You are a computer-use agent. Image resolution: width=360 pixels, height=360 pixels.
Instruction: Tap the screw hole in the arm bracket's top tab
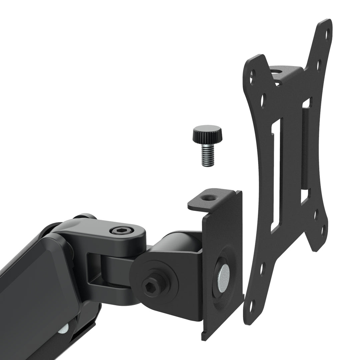[210, 198]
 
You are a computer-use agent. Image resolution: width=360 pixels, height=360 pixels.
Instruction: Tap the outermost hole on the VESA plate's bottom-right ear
[323, 230]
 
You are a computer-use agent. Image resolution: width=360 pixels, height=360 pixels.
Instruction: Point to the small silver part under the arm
[63, 328]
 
